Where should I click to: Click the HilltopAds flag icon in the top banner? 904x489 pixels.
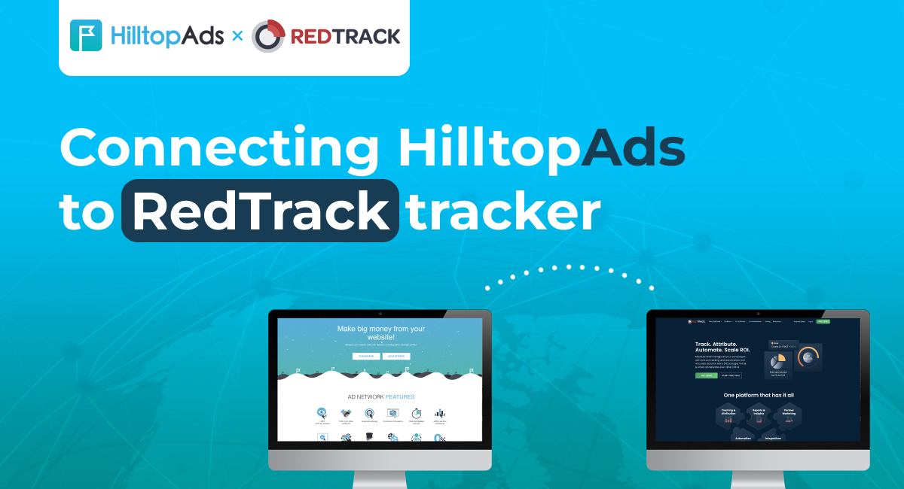[86, 35]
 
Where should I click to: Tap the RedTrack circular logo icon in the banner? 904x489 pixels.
[268, 36]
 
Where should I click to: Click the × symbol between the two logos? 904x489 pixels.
[237, 35]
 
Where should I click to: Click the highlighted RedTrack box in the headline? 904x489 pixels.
[260, 210]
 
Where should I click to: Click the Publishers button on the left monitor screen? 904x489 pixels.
[365, 356]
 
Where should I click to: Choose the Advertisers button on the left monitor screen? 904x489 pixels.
[396, 356]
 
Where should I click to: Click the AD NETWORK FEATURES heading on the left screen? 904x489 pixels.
[380, 396]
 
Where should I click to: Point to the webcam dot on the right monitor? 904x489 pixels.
[758, 314]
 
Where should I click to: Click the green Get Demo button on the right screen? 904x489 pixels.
[707, 375]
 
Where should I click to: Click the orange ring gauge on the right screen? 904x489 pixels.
[808, 356]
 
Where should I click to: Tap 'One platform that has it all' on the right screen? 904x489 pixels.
[759, 394]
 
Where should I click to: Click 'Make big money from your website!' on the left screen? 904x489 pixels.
[380, 333]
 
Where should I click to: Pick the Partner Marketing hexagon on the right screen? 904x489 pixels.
[788, 415]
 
